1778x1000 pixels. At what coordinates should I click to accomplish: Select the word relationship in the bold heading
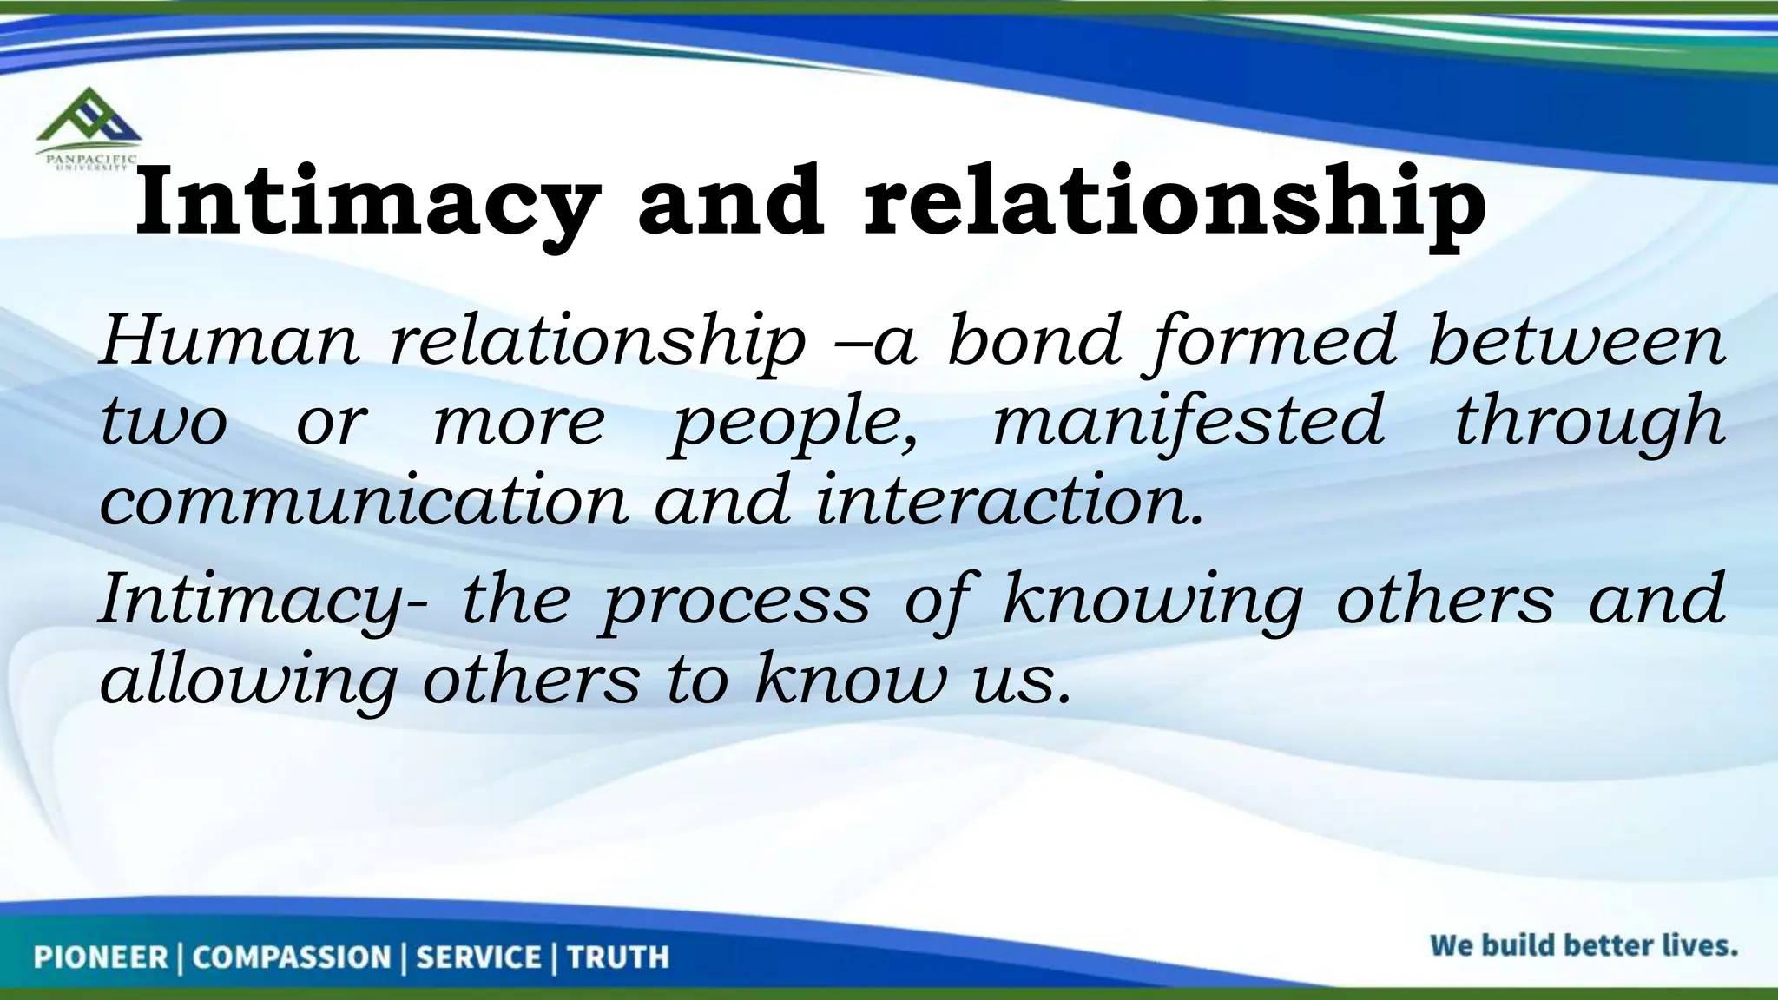tap(1174, 204)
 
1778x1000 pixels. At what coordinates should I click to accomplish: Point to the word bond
tap(1034, 341)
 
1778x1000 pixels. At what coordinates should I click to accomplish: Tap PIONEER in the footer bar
tap(101, 957)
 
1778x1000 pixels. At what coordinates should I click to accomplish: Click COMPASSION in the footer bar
tap(292, 957)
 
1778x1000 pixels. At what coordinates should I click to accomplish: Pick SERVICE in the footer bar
tap(478, 957)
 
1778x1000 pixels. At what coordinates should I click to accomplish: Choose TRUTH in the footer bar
tap(618, 957)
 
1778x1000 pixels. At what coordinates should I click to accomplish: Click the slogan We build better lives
tap(1584, 945)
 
